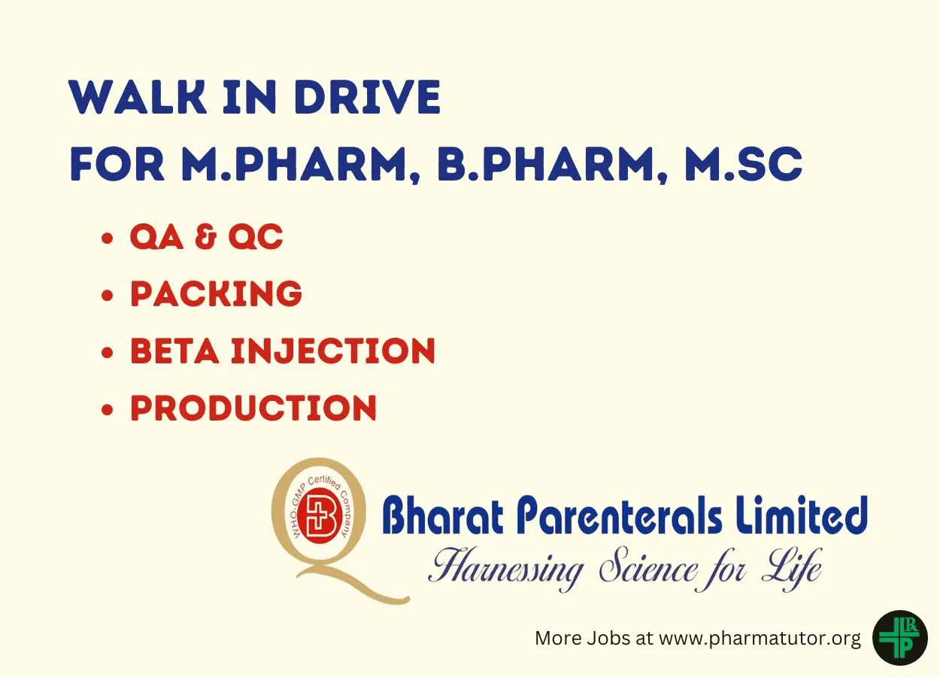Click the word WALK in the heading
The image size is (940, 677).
click(x=138, y=96)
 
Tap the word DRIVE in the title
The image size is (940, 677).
click(x=367, y=96)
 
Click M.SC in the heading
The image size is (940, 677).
click(x=743, y=164)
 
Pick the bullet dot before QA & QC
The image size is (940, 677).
click(x=108, y=238)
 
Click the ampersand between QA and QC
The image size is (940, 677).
click(x=206, y=236)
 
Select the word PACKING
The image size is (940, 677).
click(x=216, y=293)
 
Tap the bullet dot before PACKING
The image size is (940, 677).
click(x=108, y=295)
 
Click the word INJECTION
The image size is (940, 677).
click(x=333, y=351)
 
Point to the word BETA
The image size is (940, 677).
click(x=174, y=351)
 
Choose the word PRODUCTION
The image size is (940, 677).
click(x=253, y=408)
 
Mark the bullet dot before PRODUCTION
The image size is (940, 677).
click(x=108, y=409)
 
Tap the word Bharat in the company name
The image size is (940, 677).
click(x=443, y=515)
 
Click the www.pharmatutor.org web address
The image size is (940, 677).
click(x=760, y=639)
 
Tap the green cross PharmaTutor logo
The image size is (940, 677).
click(x=899, y=638)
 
